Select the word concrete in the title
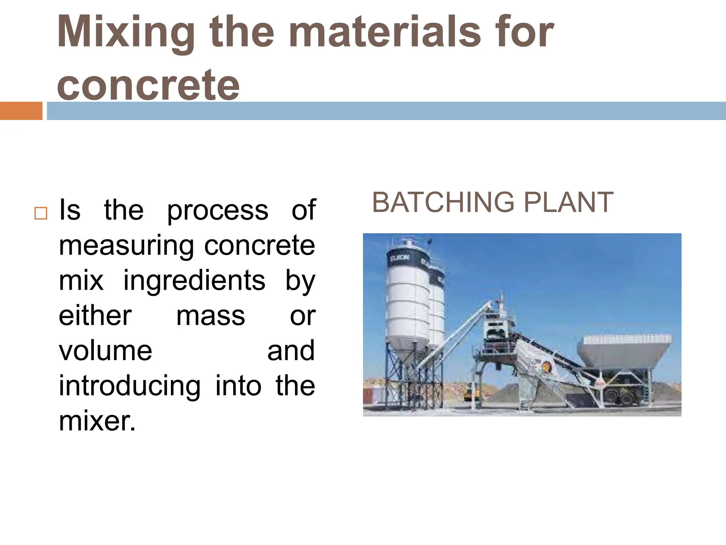(148, 85)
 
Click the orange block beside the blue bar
(21, 111)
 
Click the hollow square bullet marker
(41, 213)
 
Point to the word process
(218, 210)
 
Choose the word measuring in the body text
(126, 246)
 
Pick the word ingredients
(194, 280)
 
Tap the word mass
(211, 316)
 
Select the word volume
(105, 351)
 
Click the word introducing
(130, 386)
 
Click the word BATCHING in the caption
(443, 202)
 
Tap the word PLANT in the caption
(568, 202)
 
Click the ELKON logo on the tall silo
(400, 258)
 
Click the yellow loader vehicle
(472, 393)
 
